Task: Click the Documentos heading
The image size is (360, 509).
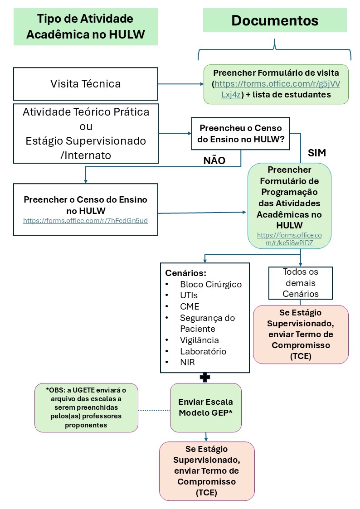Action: [x=275, y=20]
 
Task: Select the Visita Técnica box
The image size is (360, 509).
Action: [x=86, y=84]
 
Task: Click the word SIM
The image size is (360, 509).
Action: [x=317, y=153]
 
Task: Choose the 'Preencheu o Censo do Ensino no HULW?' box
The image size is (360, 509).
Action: [x=240, y=135]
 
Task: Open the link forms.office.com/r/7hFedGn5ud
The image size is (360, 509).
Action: [x=86, y=221]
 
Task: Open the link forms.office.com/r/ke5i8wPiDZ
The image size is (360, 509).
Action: [x=289, y=239]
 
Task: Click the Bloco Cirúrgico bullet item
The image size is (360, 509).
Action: [x=210, y=285]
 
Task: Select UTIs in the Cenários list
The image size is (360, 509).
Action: [x=189, y=295]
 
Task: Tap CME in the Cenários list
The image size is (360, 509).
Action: [x=190, y=306]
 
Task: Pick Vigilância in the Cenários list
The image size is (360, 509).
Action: [x=199, y=340]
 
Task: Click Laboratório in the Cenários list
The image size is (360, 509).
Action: [x=203, y=351]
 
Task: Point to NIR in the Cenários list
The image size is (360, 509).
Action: [x=187, y=362]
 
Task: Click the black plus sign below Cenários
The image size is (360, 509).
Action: [x=205, y=377]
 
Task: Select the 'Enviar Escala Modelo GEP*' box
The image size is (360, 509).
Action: [x=205, y=407]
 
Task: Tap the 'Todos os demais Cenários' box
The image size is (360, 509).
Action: [x=300, y=283]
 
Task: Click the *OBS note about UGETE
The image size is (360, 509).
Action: [x=86, y=407]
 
